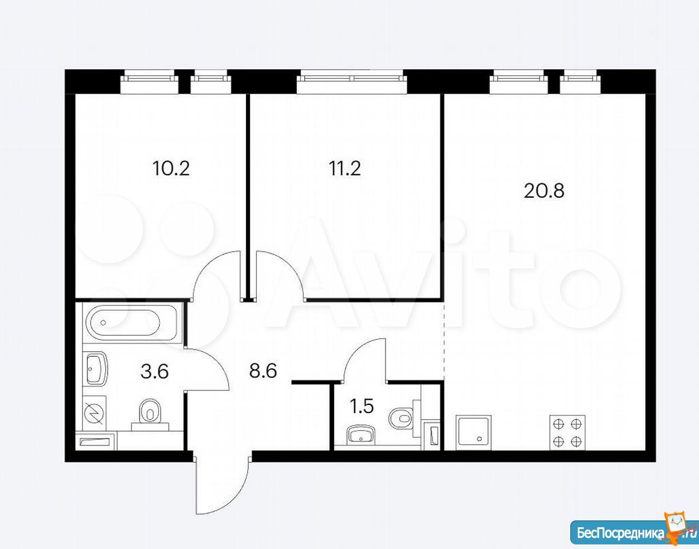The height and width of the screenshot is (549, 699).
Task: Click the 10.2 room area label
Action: (171, 168)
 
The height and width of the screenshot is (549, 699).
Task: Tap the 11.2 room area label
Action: (345, 168)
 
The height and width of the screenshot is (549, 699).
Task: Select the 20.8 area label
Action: (544, 190)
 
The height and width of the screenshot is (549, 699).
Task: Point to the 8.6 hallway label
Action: (263, 371)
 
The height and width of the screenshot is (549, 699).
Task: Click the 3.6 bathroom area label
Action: (154, 372)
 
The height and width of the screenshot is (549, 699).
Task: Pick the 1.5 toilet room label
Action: (362, 406)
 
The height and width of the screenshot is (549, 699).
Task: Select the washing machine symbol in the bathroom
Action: (94, 413)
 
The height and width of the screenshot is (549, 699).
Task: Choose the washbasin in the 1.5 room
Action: (362, 435)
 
